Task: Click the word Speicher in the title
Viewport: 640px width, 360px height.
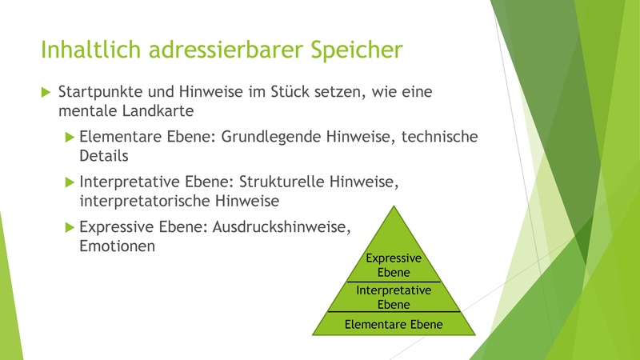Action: coord(356,50)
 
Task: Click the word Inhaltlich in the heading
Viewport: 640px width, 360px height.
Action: coord(90,49)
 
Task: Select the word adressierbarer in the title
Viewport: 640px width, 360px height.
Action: coord(226,49)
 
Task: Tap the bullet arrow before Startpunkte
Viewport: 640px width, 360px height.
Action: coord(46,92)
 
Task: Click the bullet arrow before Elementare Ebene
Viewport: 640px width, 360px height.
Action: coord(70,137)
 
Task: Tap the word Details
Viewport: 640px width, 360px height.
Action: coord(104,156)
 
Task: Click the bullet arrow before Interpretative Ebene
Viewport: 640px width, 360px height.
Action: coord(70,182)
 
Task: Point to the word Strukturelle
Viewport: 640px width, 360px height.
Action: coord(282,182)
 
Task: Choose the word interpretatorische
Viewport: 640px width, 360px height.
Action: coord(145,201)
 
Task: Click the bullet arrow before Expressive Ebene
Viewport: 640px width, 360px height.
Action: coord(70,227)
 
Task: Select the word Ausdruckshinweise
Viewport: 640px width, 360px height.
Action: coord(282,227)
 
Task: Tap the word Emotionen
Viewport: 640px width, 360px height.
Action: coord(117,246)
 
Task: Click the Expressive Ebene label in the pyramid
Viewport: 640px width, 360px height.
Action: coord(394,265)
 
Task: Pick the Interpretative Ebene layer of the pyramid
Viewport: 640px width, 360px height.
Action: coord(394,297)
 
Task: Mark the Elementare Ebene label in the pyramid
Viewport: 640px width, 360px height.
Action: coord(394,325)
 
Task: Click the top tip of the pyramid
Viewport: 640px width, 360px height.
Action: coord(394,206)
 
